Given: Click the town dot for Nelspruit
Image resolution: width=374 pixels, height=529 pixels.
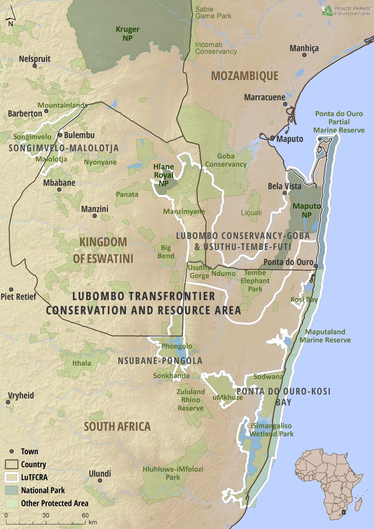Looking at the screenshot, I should pos(34,66).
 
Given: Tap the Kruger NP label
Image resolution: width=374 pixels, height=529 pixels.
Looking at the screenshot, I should pos(127,34).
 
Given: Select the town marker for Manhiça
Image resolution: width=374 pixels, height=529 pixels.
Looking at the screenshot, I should pos(304,55).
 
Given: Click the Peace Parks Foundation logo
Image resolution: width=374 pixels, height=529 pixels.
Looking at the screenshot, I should pos(346,11).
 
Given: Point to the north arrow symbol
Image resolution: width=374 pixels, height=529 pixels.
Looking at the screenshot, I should pos(10,16).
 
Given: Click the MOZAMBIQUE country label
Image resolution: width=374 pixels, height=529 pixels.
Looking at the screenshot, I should pos(244,76).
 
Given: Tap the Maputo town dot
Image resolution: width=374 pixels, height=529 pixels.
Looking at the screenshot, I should pos(272,138).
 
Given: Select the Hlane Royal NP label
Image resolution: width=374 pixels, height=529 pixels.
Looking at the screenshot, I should pos(163,175).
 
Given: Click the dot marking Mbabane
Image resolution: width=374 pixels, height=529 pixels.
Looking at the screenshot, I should pos(59,190).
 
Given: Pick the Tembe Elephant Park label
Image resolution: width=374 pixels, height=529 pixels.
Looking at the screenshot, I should pos(255,281).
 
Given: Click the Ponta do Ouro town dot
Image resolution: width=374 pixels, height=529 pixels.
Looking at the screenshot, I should pos(315,266).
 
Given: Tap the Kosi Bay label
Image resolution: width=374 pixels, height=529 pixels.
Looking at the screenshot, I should pos(304,299).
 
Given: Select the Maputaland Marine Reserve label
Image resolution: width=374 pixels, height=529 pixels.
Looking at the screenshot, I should pos(325,336).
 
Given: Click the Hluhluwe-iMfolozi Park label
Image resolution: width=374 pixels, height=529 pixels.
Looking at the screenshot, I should pos(173,473).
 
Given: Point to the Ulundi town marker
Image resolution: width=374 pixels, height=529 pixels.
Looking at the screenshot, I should pos(100,480).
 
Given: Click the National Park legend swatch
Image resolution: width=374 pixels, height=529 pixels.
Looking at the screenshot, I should pos(11,490).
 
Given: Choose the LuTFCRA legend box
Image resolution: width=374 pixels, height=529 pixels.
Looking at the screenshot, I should pos(11,477).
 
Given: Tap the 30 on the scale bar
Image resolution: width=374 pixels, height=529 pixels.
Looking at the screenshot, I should pos(46,515).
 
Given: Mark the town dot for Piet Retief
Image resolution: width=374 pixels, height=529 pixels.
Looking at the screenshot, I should pos(11,290).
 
